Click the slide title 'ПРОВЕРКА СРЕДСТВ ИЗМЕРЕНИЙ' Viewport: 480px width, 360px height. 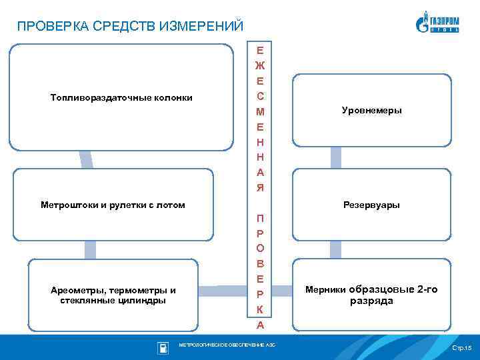(x=131, y=27)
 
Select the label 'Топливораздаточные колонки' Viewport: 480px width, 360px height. (x=121, y=98)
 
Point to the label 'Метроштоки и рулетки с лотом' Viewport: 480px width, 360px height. (x=113, y=205)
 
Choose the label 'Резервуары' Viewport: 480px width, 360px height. (x=371, y=205)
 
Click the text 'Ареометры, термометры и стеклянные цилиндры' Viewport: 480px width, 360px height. (x=113, y=295)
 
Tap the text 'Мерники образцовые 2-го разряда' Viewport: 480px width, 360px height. (x=371, y=295)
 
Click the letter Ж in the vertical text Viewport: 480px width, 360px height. (x=260, y=65)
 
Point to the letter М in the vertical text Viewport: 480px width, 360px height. (x=260, y=111)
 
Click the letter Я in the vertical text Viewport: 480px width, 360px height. (x=260, y=187)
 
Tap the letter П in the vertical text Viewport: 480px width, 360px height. (x=260, y=219)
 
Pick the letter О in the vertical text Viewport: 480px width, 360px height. (x=260, y=249)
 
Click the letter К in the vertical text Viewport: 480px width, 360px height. (x=260, y=310)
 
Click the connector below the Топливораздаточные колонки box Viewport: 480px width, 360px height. (x=85, y=159)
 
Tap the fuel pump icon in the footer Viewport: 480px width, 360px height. (x=162, y=347)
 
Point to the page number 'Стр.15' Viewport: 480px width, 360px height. (x=461, y=348)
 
